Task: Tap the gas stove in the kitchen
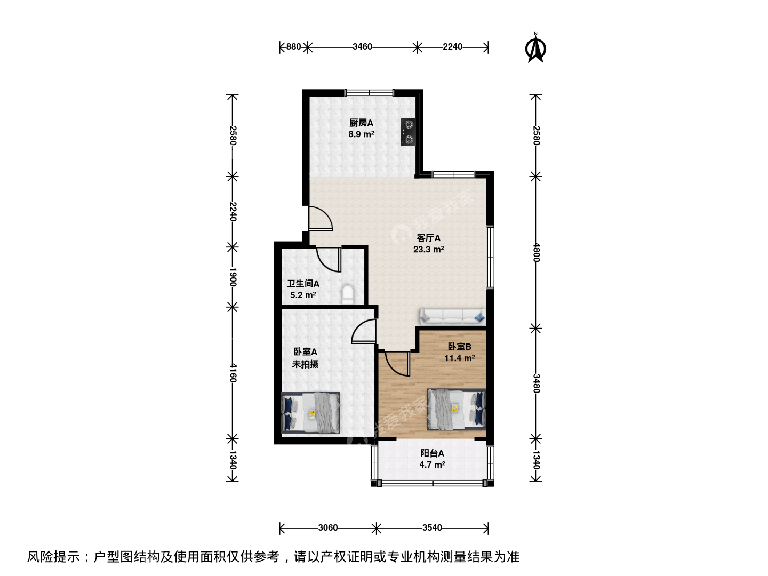pyautogui.click(x=408, y=132)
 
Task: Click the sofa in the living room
pyautogui.click(x=453, y=316)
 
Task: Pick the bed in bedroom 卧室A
pyautogui.click(x=311, y=413)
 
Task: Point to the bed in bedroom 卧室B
pyautogui.click(x=456, y=410)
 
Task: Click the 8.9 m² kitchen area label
pyautogui.click(x=362, y=134)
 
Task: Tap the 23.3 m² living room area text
pyautogui.click(x=429, y=250)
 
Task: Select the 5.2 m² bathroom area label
pyautogui.click(x=303, y=295)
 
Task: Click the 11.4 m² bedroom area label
pyautogui.click(x=459, y=358)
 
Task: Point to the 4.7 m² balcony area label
pyautogui.click(x=432, y=465)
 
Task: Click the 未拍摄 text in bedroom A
pyautogui.click(x=305, y=364)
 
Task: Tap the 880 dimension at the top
pyautogui.click(x=293, y=46)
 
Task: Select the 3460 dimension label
pyautogui.click(x=362, y=46)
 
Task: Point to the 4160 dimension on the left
pyautogui.click(x=233, y=373)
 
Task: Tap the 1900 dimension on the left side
pyautogui.click(x=233, y=277)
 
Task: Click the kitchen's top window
pyautogui.click(x=370, y=93)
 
